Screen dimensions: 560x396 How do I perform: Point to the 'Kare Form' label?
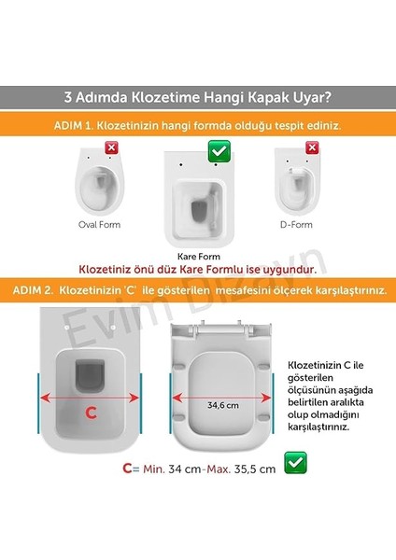(199, 255)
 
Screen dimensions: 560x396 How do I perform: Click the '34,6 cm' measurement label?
(220, 405)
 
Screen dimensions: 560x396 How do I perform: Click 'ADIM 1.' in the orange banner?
(67, 124)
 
